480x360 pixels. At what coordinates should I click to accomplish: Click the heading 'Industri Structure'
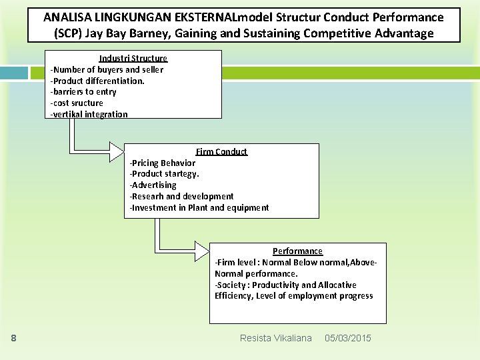click(133, 59)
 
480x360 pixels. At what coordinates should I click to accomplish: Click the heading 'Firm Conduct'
click(221, 152)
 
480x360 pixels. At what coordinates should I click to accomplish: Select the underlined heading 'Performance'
click(297, 251)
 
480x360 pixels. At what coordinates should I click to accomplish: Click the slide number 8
click(13, 339)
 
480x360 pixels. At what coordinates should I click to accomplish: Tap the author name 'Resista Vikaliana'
click(275, 339)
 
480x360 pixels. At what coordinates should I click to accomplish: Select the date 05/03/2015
click(347, 339)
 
